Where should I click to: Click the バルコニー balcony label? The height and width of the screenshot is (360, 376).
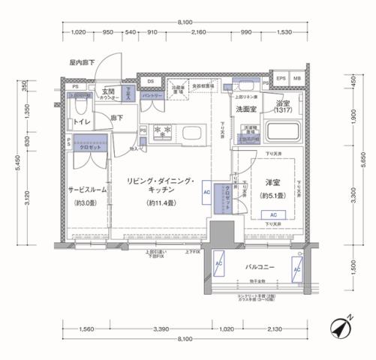260,266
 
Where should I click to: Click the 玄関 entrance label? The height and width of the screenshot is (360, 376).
109,91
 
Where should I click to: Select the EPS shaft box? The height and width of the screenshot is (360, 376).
281,79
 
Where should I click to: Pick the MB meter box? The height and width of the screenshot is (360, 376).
297,79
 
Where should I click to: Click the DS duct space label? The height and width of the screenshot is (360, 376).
150,81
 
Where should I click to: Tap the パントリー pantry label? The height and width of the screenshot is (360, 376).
153,97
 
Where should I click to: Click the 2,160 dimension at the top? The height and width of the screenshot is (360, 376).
198,33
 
